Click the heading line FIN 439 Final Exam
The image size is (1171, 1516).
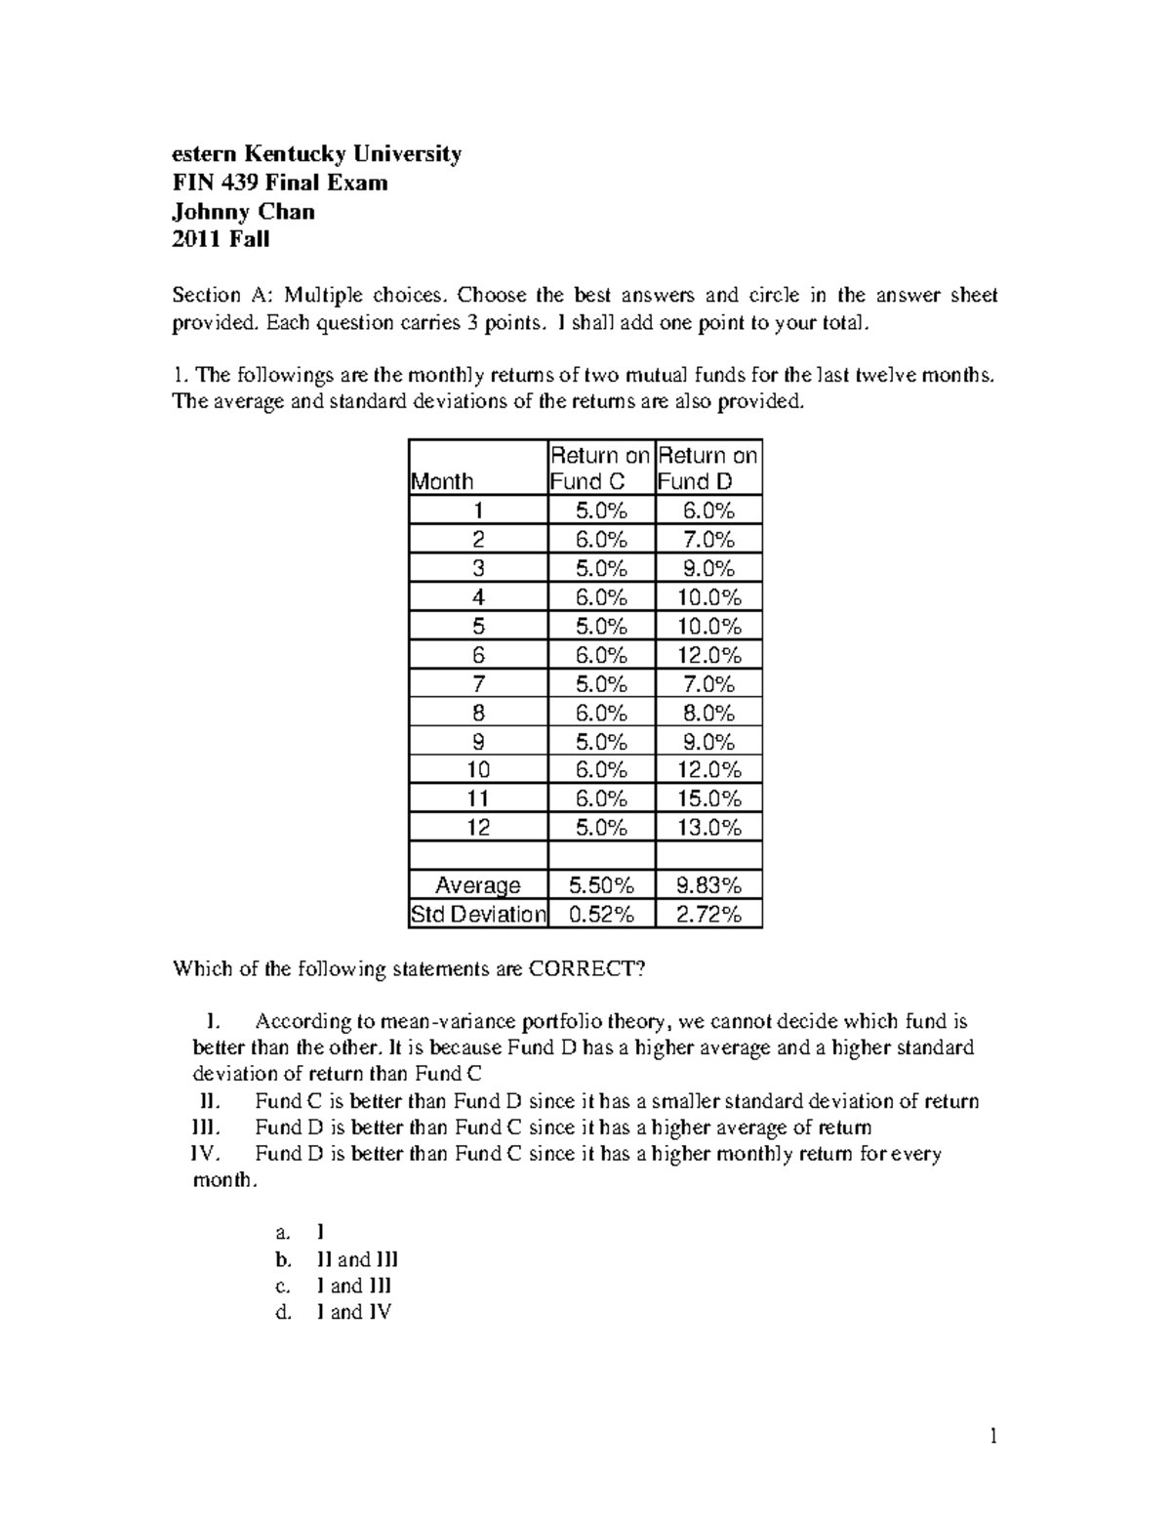pyautogui.click(x=280, y=183)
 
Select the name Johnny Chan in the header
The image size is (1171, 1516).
pyautogui.click(x=243, y=211)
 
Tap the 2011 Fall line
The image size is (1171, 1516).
pyautogui.click(x=221, y=239)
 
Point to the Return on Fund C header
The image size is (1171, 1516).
pyautogui.click(x=600, y=469)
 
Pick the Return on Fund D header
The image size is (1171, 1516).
pyautogui.click(x=707, y=469)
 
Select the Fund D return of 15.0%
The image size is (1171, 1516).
pyautogui.click(x=708, y=799)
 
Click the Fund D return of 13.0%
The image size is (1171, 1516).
pyautogui.click(x=708, y=828)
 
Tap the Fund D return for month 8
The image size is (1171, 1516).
pyautogui.click(x=708, y=713)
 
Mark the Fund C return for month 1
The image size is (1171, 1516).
pyautogui.click(x=601, y=511)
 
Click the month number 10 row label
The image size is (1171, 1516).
pyautogui.click(x=478, y=770)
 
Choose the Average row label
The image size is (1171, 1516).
pyautogui.click(x=478, y=885)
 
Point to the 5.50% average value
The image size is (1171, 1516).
pyautogui.click(x=601, y=885)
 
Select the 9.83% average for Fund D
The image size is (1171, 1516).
pyautogui.click(x=708, y=885)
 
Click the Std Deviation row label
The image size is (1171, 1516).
pyautogui.click(x=478, y=915)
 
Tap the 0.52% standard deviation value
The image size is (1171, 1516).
pyautogui.click(x=601, y=915)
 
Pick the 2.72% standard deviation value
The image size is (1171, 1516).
pyautogui.click(x=708, y=915)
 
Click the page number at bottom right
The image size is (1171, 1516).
pyautogui.click(x=993, y=1436)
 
